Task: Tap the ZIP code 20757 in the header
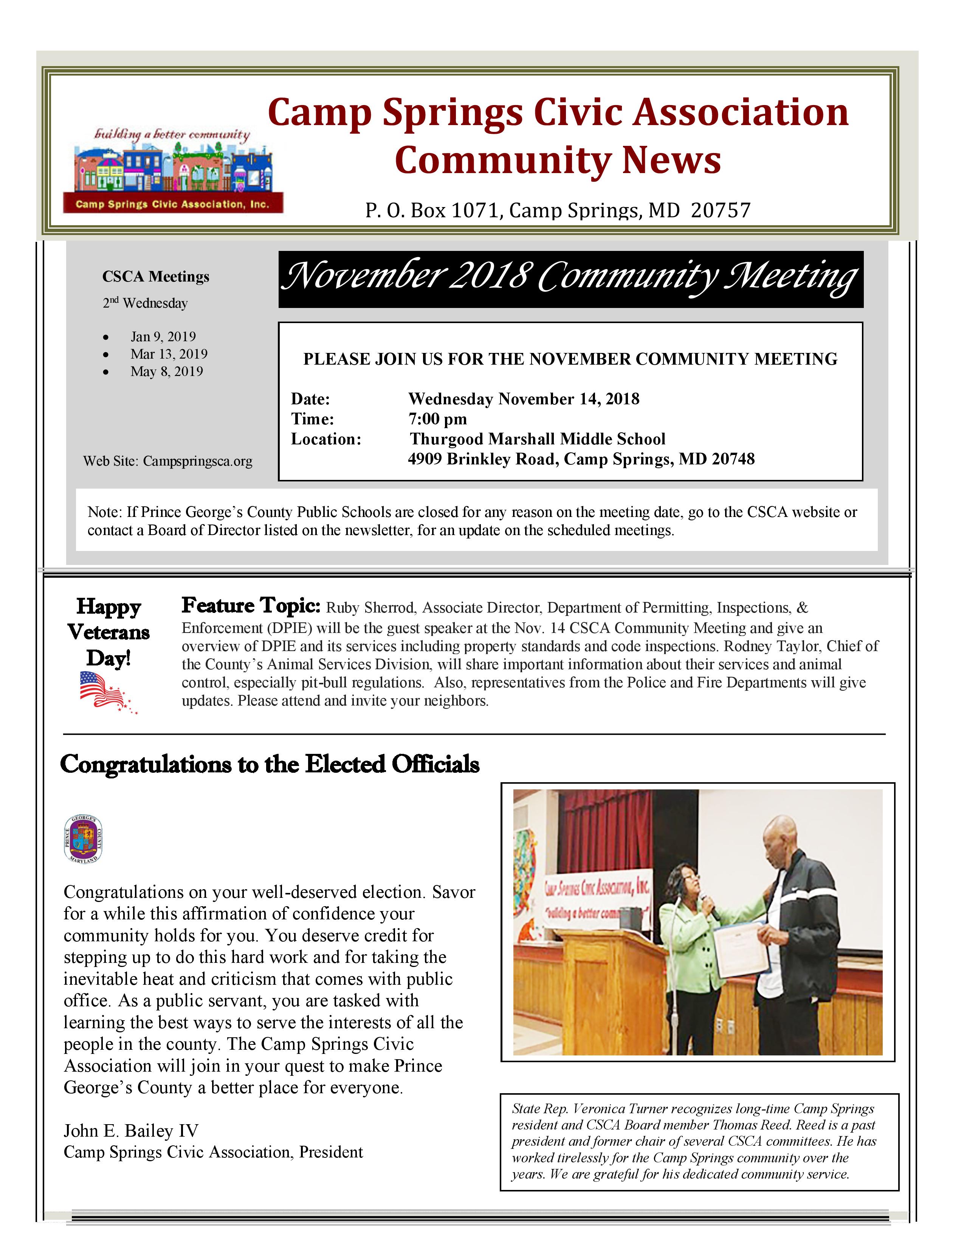pos(720,210)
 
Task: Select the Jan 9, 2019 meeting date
pos(163,336)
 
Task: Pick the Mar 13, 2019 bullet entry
pos(169,354)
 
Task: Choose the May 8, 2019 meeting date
pos(166,372)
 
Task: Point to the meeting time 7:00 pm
pos(437,419)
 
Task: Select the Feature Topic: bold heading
pos(251,605)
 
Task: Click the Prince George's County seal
pos(84,839)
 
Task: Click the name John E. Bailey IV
pos(131,1131)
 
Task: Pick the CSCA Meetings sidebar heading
pos(155,277)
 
